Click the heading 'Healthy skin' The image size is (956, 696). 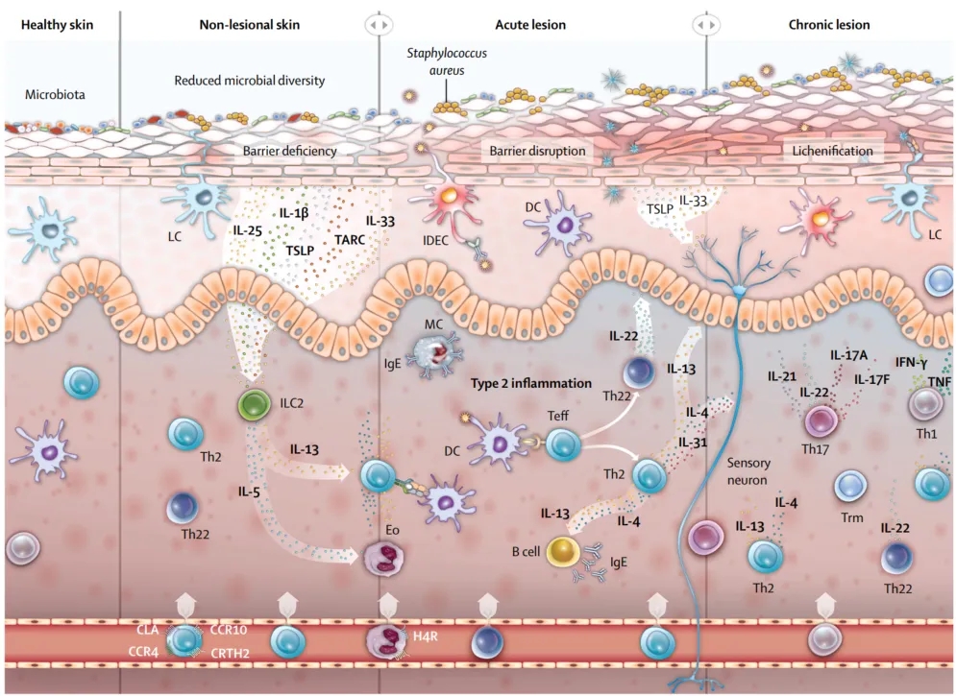[x=57, y=24]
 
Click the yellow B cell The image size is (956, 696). [x=564, y=552]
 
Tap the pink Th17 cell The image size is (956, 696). [x=821, y=420]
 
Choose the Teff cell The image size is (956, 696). [x=564, y=444]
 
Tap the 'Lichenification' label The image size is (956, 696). [x=832, y=151]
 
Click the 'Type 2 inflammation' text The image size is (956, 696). [x=530, y=383]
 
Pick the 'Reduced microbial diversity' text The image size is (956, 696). [x=249, y=81]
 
